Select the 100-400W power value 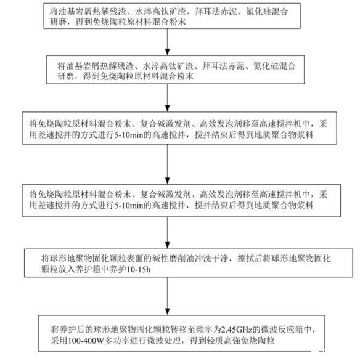pos(86,341)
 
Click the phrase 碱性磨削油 pos(173,258)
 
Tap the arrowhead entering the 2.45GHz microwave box pos(167,312)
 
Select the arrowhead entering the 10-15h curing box pos(167,245)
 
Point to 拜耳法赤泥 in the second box pos(223,66)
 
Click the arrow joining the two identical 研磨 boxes pos(167,42)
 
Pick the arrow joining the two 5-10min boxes pos(167,164)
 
